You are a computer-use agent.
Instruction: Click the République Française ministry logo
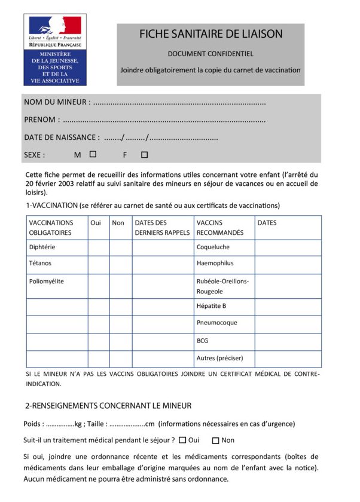54,50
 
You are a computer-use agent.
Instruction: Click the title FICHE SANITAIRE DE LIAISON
210,34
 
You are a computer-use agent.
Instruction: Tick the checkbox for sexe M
93,154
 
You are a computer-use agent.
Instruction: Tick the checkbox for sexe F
144,155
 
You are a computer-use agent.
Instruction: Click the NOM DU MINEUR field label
57,102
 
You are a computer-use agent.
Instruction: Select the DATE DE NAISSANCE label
62,137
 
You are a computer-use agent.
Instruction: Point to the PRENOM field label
41,120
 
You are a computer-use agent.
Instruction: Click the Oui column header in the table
96,223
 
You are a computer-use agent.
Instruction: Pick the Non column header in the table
118,223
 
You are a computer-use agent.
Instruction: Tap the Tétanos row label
41,263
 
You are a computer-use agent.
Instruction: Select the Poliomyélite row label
47,281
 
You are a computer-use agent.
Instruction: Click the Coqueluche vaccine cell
213,247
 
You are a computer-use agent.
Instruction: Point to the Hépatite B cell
211,306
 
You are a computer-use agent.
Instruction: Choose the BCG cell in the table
203,341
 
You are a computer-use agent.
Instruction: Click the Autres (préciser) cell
220,359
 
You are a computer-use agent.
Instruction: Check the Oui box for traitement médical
182,440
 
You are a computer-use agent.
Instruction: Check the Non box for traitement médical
215,440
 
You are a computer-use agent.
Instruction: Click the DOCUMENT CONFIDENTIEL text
210,54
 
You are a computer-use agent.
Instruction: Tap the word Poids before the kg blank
33,424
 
